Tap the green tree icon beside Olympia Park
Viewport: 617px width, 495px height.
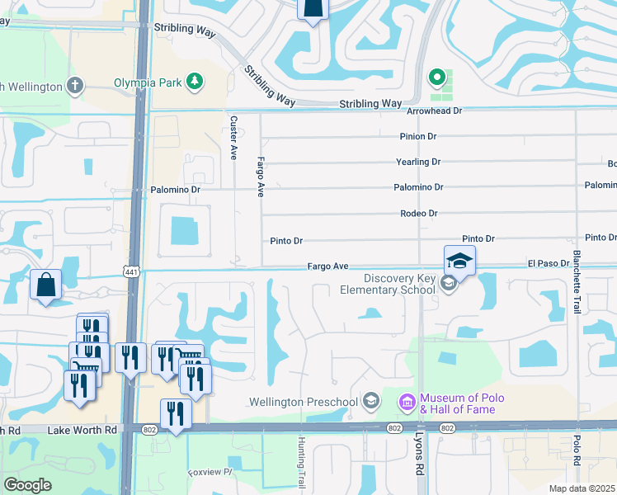(x=195, y=82)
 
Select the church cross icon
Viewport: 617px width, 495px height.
(x=75, y=85)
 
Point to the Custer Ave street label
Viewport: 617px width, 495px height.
(x=233, y=137)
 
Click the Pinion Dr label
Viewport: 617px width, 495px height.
(x=420, y=136)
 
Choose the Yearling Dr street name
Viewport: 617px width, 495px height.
(x=419, y=162)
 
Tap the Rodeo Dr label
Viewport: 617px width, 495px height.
(x=421, y=213)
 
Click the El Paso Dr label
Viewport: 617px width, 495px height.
(x=549, y=264)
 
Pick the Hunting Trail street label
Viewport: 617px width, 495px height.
(x=301, y=462)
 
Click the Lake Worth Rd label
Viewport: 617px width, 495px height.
(x=82, y=430)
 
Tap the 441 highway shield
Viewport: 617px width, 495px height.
(x=130, y=271)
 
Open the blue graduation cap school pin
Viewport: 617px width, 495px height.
(x=459, y=262)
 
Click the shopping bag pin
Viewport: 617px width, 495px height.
(x=46, y=285)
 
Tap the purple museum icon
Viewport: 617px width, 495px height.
(x=407, y=403)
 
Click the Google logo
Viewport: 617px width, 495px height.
(x=27, y=485)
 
